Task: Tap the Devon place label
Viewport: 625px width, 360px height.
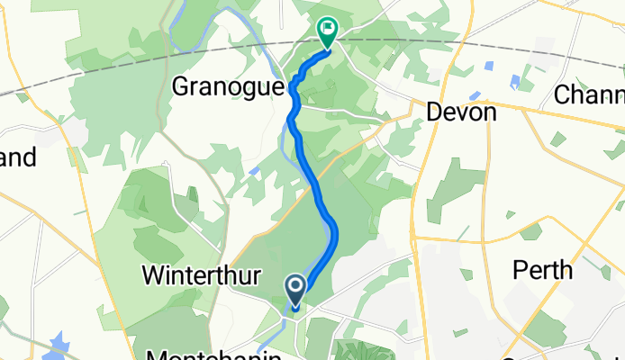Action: click(x=461, y=112)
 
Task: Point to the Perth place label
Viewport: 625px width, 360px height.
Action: click(x=542, y=269)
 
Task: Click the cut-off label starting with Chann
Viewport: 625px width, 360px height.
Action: click(x=590, y=94)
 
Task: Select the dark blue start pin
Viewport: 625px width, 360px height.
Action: click(x=295, y=290)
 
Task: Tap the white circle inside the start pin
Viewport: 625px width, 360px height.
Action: click(x=295, y=287)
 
